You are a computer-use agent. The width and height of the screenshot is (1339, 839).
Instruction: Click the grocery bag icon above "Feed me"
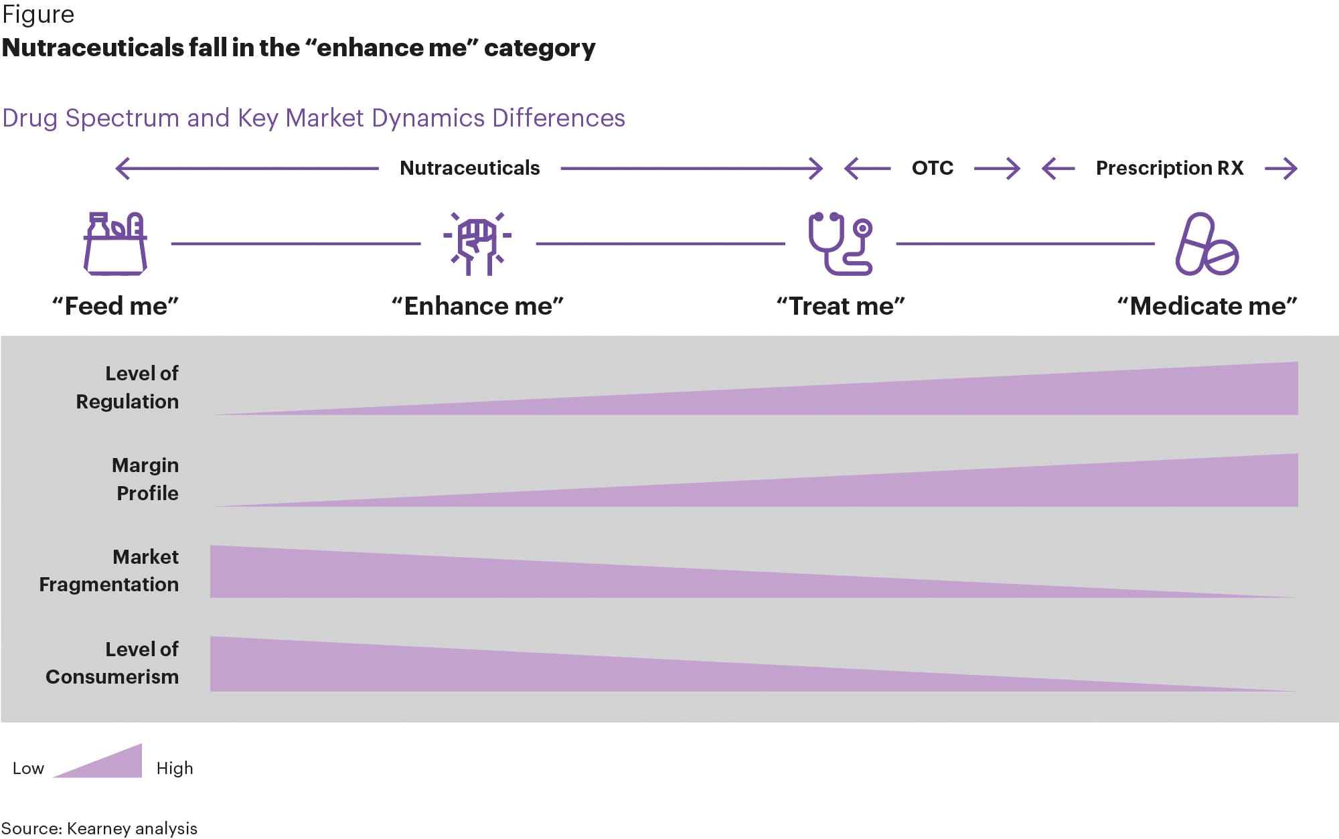(x=115, y=244)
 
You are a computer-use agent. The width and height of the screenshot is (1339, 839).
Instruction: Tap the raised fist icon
(x=477, y=244)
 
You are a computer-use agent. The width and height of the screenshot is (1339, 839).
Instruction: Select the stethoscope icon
(x=840, y=244)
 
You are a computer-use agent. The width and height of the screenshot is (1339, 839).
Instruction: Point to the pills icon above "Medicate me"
(x=1207, y=244)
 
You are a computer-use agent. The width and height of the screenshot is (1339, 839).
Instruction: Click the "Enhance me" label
(x=477, y=306)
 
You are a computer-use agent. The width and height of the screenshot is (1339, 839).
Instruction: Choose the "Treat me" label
(x=840, y=306)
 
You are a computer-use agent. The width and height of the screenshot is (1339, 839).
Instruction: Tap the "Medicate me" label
(x=1207, y=306)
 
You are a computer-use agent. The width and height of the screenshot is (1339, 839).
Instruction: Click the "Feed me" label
(x=115, y=306)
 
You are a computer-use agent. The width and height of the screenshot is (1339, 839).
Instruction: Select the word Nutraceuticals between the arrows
(x=469, y=168)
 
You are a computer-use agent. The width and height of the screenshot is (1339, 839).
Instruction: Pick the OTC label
(x=932, y=168)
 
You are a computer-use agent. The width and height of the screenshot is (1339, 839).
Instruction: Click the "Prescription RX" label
(x=1169, y=168)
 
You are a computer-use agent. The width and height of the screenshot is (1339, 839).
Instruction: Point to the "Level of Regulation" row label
(x=127, y=387)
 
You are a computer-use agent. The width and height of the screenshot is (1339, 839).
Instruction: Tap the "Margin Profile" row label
(x=145, y=479)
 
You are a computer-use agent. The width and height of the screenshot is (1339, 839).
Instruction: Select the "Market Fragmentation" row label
(x=109, y=570)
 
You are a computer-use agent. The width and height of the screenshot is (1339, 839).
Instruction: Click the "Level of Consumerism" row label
(x=112, y=663)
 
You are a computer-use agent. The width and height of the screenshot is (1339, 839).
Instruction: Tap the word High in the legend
(x=175, y=768)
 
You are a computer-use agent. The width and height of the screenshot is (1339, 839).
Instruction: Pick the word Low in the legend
(x=28, y=768)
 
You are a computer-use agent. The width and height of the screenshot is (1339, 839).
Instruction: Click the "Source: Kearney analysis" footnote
(x=99, y=828)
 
